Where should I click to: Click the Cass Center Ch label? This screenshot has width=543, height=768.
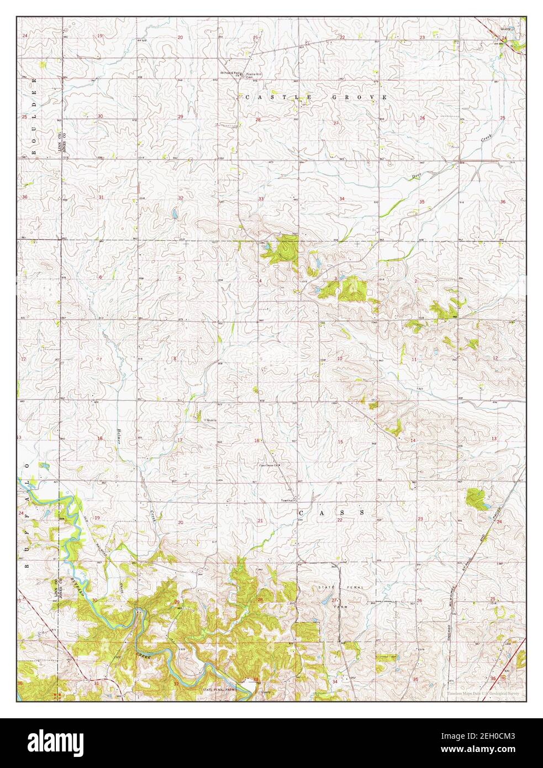coord(271,465)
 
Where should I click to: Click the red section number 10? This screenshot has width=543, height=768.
coord(340,359)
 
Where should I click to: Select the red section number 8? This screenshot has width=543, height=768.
coord(175,359)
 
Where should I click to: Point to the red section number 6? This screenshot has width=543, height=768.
coord(101,277)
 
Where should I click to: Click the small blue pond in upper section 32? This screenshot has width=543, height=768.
coord(175,213)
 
